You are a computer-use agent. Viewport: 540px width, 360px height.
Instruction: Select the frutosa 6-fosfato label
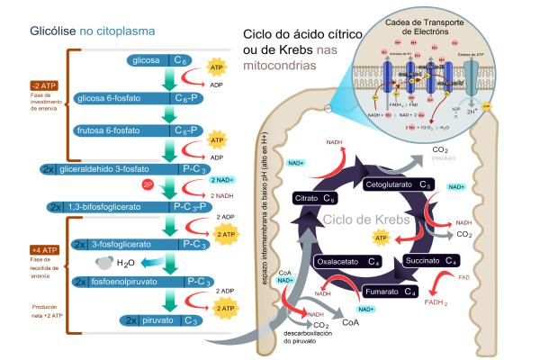tap(111, 130)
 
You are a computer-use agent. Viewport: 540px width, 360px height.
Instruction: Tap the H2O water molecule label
tap(128, 263)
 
